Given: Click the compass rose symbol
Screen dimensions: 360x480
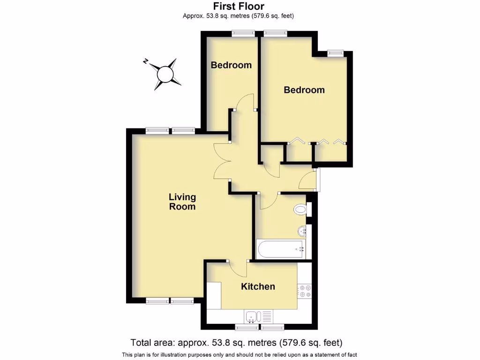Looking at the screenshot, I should pos(165,74).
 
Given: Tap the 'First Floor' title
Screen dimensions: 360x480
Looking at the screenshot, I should pos(239,6).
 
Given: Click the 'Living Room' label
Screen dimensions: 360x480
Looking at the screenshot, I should pos(182,202).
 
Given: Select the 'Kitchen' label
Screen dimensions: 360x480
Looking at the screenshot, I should pos(258,286).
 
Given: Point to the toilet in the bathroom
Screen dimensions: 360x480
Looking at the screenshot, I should pos(300,209).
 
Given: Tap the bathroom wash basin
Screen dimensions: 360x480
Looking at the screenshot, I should pos(302,231).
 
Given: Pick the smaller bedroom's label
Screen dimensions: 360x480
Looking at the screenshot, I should pos(231,65).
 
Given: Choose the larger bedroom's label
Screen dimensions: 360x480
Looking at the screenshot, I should pos(304,90).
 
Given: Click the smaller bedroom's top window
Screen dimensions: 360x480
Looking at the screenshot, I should pos(243,33).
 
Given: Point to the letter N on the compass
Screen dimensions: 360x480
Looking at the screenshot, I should pos(146,61).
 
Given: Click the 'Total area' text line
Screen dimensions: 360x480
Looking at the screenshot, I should pos(236,342).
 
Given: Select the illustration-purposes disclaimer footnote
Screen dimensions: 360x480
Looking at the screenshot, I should pos(240,354).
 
